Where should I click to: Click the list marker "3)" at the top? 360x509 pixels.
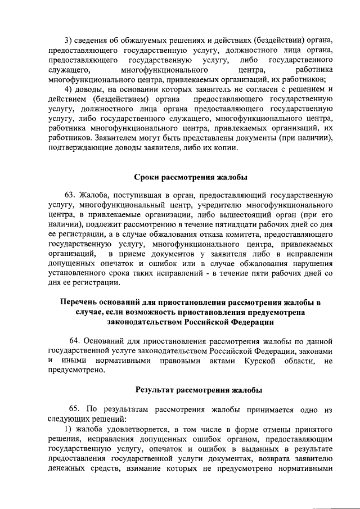69,39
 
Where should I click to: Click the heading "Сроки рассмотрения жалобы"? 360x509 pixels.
191,178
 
